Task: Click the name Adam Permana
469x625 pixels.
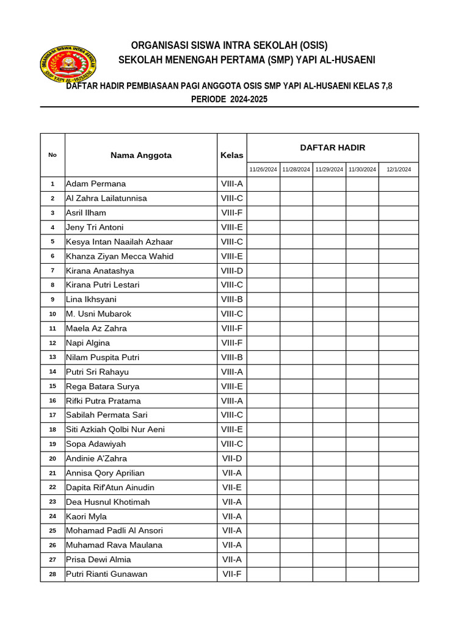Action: click(x=96, y=184)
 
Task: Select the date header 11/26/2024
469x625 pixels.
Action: click(x=263, y=169)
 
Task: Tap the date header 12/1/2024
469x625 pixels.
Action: click(x=398, y=169)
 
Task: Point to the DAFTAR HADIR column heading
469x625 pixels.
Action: click(x=332, y=148)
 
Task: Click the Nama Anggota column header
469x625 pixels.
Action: click(x=141, y=155)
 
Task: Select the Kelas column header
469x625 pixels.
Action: click(x=231, y=155)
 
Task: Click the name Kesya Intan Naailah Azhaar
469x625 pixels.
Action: click(x=119, y=242)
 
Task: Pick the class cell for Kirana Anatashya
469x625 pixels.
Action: click(x=231, y=270)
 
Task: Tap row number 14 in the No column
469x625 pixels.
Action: click(x=53, y=372)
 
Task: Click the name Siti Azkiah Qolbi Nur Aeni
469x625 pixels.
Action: click(x=115, y=430)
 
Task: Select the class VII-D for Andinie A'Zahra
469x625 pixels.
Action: click(x=231, y=458)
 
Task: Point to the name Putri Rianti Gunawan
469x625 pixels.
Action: click(x=106, y=574)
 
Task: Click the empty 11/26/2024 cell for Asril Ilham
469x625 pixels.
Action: click(x=263, y=213)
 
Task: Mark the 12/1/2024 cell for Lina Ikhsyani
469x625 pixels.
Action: click(x=398, y=300)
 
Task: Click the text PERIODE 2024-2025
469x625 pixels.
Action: click(x=229, y=99)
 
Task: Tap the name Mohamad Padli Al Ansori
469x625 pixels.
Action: click(x=114, y=531)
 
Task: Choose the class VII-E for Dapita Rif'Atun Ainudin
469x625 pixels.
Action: click(x=231, y=488)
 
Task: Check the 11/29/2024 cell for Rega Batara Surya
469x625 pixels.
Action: click(x=329, y=386)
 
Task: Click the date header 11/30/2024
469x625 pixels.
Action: click(x=362, y=169)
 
